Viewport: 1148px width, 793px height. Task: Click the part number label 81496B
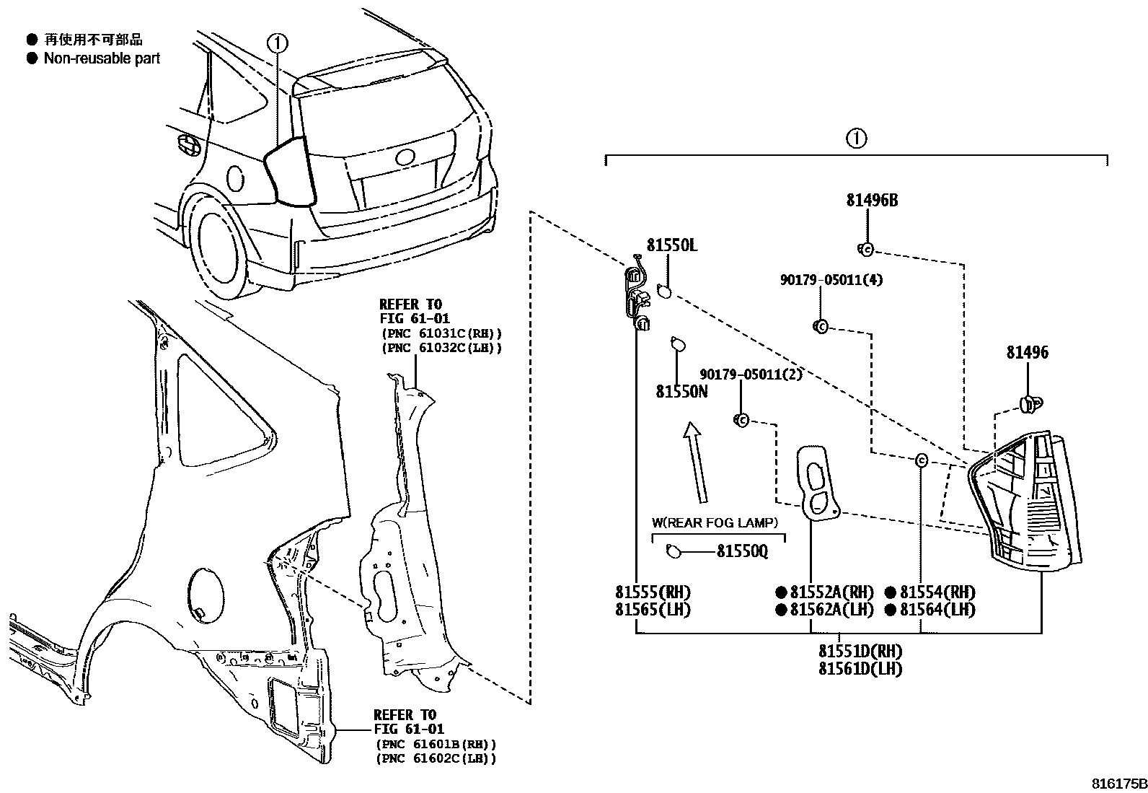pos(872,201)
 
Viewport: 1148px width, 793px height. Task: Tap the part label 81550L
pos(671,245)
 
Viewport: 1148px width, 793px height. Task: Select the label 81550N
pos(681,391)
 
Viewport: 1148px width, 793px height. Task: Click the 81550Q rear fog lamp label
pos(741,551)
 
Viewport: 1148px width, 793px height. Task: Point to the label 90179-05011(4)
pos(831,279)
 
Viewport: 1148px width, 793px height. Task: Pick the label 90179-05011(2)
pos(750,374)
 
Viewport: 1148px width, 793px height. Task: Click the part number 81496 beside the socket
pos(1028,353)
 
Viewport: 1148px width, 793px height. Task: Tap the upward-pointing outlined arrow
pos(696,462)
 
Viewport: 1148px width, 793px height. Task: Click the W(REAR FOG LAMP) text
pos(715,522)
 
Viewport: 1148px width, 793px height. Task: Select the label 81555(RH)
pos(653,592)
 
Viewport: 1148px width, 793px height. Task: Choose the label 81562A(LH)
pos(831,610)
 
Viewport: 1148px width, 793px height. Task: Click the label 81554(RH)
pos(937,592)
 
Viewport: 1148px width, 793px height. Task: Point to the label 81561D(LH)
pos(860,668)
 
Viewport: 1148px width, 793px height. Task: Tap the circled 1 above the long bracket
pos(855,139)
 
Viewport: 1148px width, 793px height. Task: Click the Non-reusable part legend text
pos(102,58)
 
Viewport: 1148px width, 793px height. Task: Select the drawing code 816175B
pos(1118,783)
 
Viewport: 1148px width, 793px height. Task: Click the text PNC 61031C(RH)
pos(441,333)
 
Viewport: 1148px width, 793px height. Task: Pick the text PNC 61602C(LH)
pos(436,758)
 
